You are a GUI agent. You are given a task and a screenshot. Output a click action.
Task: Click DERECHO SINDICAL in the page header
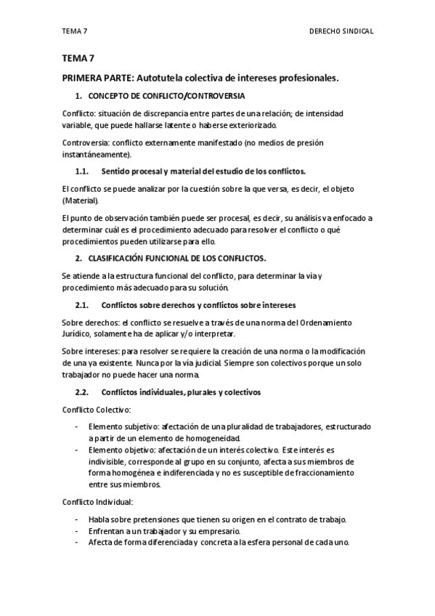(x=341, y=32)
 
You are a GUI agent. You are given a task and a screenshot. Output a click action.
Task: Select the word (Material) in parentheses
(x=80, y=200)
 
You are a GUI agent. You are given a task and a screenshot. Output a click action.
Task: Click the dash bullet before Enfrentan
(x=76, y=531)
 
